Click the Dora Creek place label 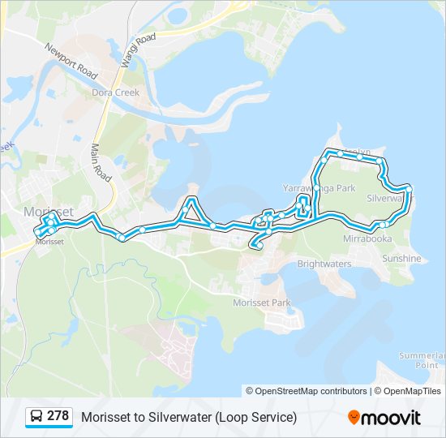(116, 92)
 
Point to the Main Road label (101, 162)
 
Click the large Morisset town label (49, 212)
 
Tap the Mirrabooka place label (367, 239)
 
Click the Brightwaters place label (324, 264)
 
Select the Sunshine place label (401, 259)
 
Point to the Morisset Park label (261, 303)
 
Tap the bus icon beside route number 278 (36, 417)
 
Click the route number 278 (58, 416)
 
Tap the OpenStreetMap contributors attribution (311, 391)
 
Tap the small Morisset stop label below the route (50, 242)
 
